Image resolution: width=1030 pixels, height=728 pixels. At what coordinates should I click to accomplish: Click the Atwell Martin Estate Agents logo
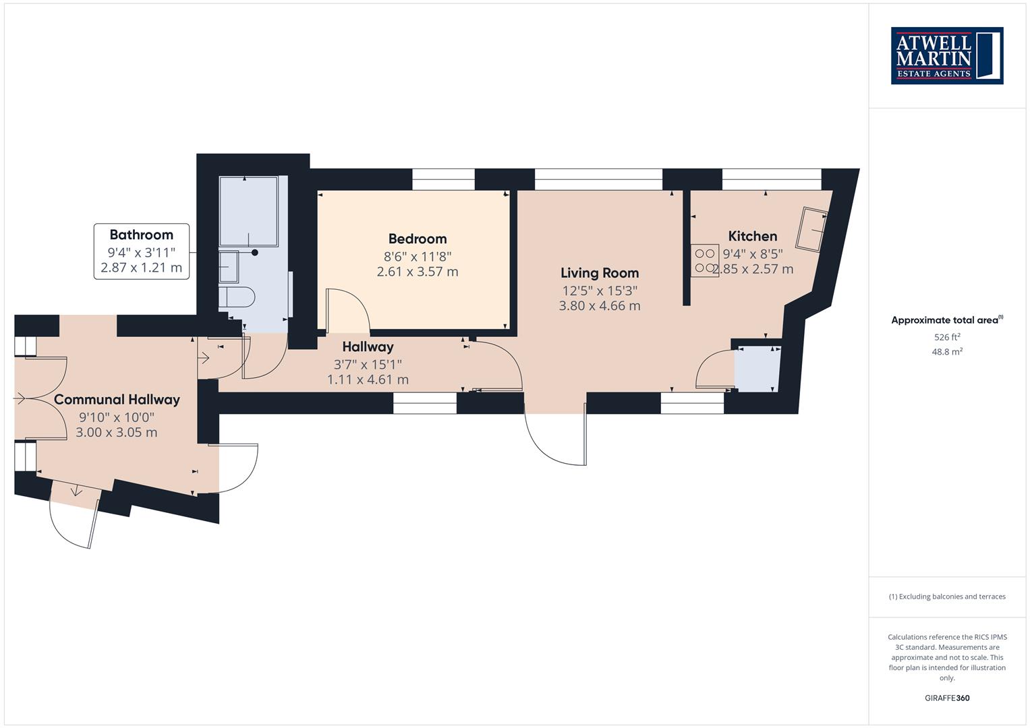pyautogui.click(x=947, y=55)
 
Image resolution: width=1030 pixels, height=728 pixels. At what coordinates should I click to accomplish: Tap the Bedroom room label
pyautogui.click(x=418, y=239)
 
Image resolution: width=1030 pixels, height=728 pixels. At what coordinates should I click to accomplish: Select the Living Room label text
pyautogui.click(x=600, y=273)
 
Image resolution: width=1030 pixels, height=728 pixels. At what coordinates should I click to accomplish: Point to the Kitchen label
pyautogui.click(x=753, y=236)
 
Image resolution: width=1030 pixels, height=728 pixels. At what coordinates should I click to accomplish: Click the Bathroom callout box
pyautogui.click(x=142, y=251)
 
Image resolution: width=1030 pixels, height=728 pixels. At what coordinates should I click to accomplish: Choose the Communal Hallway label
pyautogui.click(x=117, y=399)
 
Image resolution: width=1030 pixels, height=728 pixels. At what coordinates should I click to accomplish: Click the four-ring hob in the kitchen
pyautogui.click(x=704, y=261)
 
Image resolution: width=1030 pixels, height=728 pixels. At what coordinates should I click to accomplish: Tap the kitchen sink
pyautogui.click(x=813, y=229)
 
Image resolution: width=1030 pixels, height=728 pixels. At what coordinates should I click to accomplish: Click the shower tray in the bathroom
pyautogui.click(x=248, y=211)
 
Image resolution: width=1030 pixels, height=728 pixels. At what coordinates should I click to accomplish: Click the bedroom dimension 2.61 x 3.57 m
pyautogui.click(x=418, y=272)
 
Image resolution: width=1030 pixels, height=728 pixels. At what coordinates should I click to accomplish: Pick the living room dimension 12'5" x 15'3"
pyautogui.click(x=600, y=291)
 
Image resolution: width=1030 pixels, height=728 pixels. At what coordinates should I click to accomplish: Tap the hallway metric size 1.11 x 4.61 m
pyautogui.click(x=368, y=380)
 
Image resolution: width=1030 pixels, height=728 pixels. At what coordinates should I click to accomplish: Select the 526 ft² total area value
pyautogui.click(x=947, y=337)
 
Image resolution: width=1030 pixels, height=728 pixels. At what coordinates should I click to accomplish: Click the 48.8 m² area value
pyautogui.click(x=947, y=352)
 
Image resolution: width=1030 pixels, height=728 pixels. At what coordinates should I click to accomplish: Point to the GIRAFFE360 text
pyautogui.click(x=947, y=698)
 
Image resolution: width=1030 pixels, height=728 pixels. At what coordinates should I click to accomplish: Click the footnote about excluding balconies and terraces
pyautogui.click(x=947, y=597)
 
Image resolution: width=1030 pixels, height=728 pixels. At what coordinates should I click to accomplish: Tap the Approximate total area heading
pyautogui.click(x=946, y=320)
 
